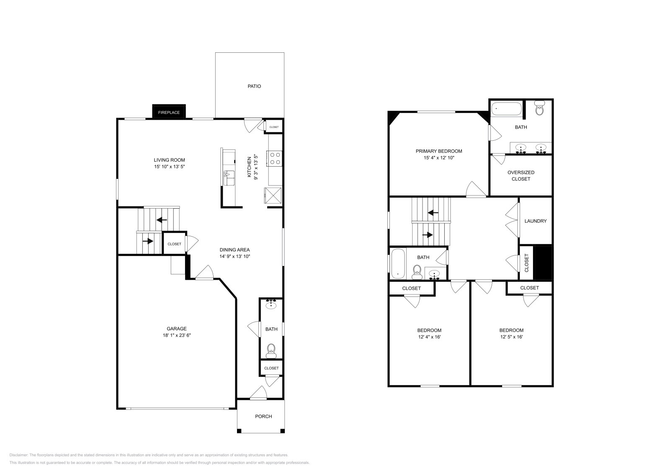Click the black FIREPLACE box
[169, 112]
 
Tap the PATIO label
[254, 86]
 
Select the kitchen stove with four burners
[275, 158]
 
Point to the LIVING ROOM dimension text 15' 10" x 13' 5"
[169, 167]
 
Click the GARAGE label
[176, 329]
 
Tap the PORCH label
[263, 416]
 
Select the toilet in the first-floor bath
[271, 350]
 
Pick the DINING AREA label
[234, 250]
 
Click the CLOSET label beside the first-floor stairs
[174, 244]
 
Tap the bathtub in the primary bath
[507, 109]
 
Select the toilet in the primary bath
[539, 109]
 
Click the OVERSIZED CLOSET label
[521, 175]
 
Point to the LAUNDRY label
[536, 221]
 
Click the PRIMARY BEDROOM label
[439, 151]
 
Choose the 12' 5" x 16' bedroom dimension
[511, 337]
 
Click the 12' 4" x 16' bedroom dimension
[429, 337]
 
